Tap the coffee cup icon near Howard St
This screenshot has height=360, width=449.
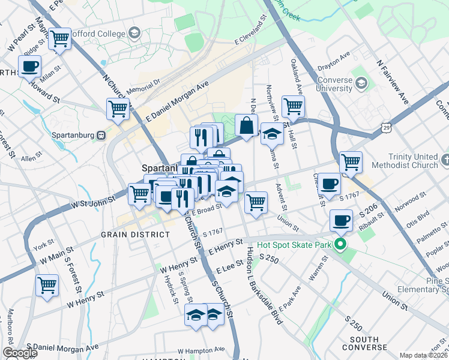pyautogui.click(x=30, y=66)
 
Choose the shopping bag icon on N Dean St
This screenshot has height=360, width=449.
pyautogui.click(x=246, y=125)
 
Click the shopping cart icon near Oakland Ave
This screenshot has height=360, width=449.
pyautogui.click(x=292, y=107)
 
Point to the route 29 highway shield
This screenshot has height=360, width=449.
pyautogui.click(x=385, y=127)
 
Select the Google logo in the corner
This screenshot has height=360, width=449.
pyautogui.click(x=19, y=353)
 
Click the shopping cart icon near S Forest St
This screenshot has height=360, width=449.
pyautogui.click(x=47, y=285)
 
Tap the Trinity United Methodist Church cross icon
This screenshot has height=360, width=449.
pyautogui.click(x=444, y=160)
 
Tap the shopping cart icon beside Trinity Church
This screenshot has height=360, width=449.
pyautogui.click(x=351, y=161)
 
